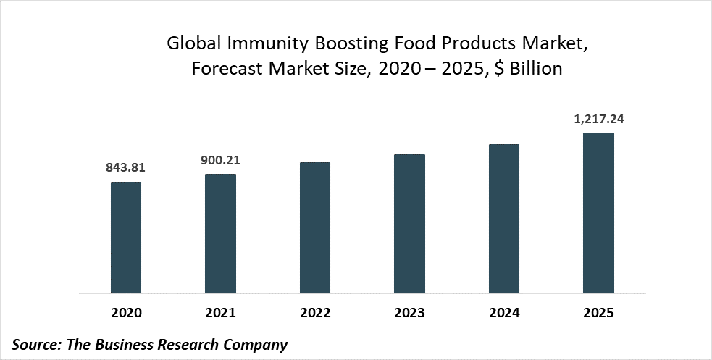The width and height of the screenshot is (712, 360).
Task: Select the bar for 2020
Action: coord(126,238)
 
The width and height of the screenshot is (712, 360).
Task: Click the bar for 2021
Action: coord(220,233)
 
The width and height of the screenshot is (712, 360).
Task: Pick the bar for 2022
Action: coord(315,227)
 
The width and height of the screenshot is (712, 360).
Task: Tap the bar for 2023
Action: coord(409,224)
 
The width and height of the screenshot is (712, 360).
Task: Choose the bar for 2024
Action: coord(504,219)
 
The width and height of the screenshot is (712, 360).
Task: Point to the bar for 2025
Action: coord(598,213)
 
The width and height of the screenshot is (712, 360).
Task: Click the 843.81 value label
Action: coord(126,167)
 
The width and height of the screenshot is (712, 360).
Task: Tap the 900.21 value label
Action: coord(220,159)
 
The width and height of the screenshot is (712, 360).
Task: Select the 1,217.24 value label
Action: coord(598,118)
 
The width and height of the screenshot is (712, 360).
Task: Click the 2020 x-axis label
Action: coord(126,313)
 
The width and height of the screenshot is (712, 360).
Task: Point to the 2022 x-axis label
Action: coord(315,313)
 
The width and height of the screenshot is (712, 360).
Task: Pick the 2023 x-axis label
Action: coord(409,313)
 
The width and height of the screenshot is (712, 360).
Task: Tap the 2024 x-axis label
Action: coord(504,313)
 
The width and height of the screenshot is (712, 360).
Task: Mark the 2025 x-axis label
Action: coord(598,313)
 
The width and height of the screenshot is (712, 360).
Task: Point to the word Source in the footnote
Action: coord(37,344)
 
